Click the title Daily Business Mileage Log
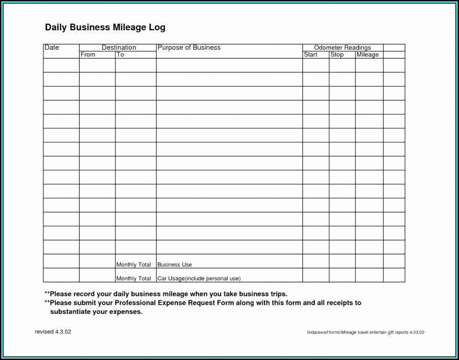point(105,27)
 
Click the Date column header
point(51,48)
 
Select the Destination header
point(119,48)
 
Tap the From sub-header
point(88,55)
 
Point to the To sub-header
point(120,55)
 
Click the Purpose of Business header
point(189,48)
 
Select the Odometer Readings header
point(342,48)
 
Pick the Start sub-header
point(310,55)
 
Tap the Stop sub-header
point(337,55)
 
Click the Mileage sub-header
point(368,55)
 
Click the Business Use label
point(175,265)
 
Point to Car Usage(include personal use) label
point(199,279)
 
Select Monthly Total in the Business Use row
point(134,265)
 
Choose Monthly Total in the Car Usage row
point(134,279)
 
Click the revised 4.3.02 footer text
point(53,332)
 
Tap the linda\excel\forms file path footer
point(366,333)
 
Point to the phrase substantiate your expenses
point(96,312)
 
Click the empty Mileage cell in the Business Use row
point(369,261)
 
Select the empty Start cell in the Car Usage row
point(316,275)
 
